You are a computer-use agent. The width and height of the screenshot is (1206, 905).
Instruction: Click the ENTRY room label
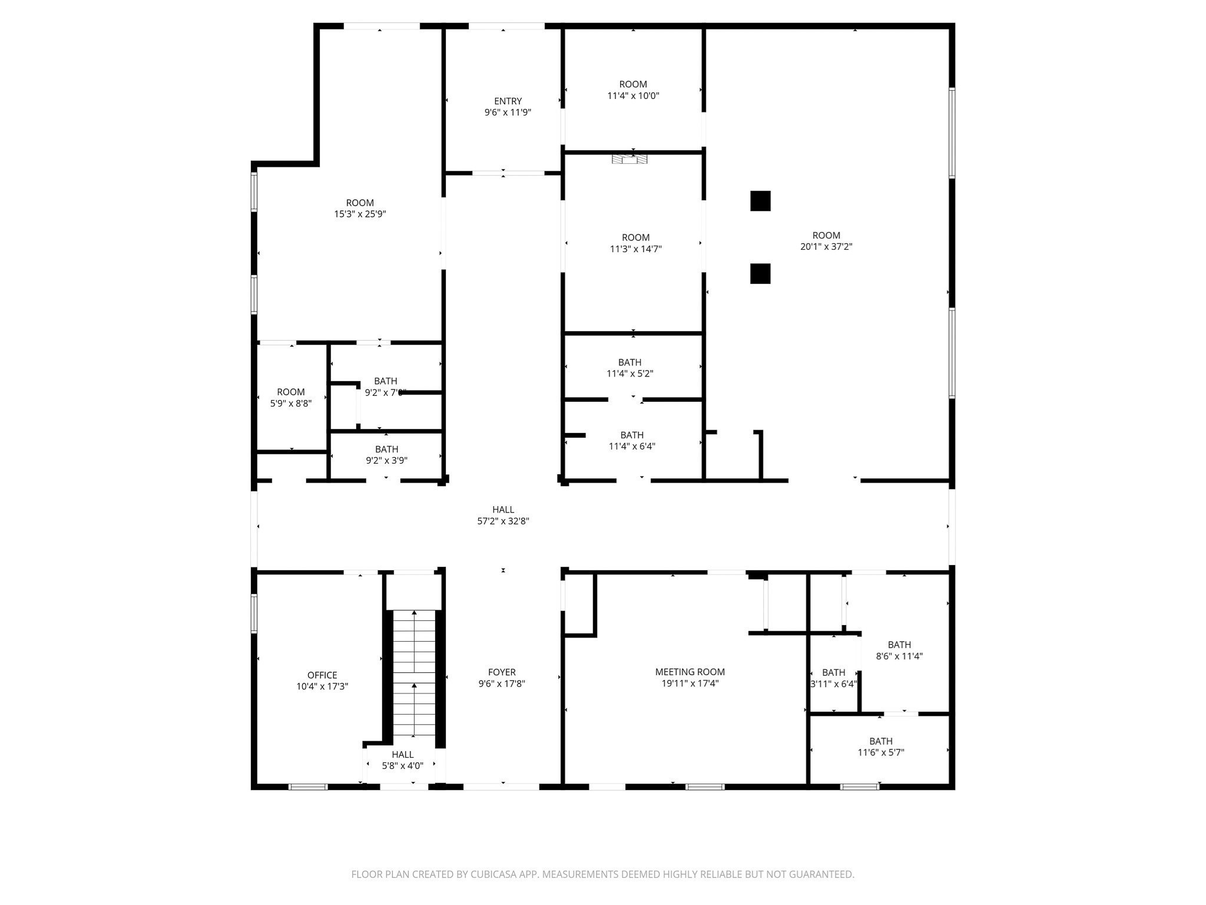508,101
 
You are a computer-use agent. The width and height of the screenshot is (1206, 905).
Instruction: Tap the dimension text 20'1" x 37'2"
826,247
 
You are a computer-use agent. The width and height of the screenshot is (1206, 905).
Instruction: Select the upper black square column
760,201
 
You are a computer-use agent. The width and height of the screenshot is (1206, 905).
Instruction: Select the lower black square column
760,273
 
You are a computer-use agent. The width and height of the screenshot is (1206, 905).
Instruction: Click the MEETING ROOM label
690,672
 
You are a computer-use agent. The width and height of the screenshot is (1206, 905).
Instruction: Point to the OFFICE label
322,675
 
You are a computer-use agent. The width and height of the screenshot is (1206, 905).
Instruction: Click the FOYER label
502,672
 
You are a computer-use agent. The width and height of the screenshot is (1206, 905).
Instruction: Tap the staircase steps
414,672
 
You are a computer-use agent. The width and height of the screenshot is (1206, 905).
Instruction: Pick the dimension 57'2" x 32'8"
503,521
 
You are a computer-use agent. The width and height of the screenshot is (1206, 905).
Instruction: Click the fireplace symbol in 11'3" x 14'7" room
629,159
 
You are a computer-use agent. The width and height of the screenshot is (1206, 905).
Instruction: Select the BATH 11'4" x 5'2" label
629,362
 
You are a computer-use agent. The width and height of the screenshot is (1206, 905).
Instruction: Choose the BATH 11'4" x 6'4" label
632,435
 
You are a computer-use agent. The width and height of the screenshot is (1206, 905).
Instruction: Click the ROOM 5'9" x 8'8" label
291,392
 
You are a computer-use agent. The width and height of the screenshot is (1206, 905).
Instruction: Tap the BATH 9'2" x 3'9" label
386,450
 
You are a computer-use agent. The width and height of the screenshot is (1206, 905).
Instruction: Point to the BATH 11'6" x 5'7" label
881,741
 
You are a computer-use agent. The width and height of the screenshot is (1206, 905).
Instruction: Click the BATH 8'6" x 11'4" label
899,645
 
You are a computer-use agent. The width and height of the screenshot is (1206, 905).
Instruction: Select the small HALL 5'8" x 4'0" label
403,755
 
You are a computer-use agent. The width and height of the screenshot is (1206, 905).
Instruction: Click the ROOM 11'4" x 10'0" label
633,84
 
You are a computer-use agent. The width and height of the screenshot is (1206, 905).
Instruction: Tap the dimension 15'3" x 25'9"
360,214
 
